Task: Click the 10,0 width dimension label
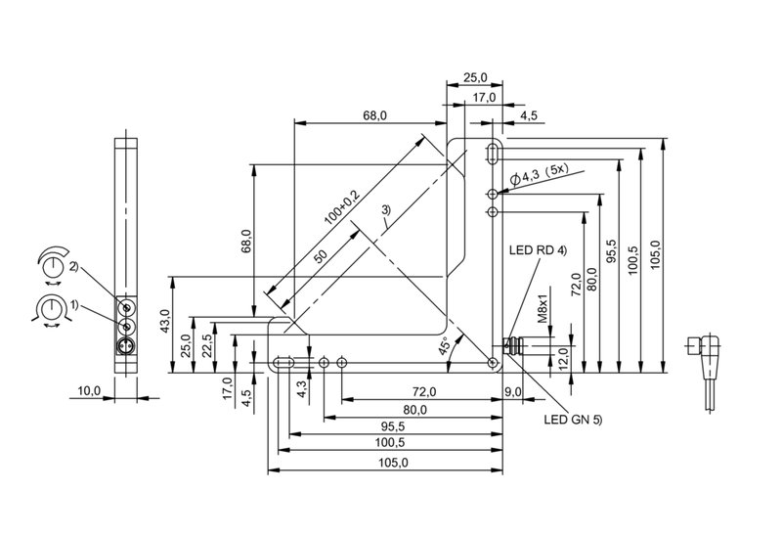[89, 391]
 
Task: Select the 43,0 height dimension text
[165, 321]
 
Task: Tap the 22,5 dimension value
[208, 346]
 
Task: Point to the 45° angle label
[445, 345]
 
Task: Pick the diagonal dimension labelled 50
[321, 256]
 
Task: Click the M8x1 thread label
[543, 308]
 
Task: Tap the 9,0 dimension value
[512, 392]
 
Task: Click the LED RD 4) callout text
[539, 250]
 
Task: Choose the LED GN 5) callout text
[573, 420]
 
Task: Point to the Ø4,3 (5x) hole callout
[540, 175]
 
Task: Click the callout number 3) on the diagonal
[386, 210]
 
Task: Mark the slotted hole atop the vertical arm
[494, 154]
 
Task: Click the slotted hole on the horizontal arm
[283, 362]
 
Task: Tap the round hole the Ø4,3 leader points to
[494, 194]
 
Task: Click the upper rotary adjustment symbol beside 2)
[52, 264]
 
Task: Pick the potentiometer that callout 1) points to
[127, 327]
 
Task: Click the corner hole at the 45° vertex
[494, 362]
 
